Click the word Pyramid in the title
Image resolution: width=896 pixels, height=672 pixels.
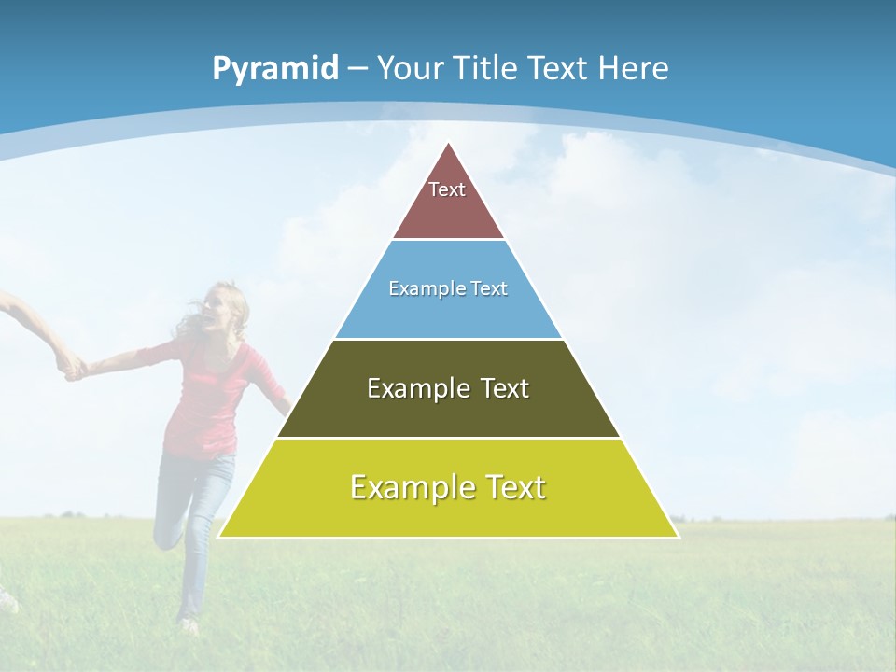point(274,69)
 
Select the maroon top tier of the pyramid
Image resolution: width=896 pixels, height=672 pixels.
point(448,210)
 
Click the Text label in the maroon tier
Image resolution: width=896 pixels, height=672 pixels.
point(447,189)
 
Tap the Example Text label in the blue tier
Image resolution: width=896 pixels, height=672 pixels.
point(448,288)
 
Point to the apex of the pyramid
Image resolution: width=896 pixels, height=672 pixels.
point(449,144)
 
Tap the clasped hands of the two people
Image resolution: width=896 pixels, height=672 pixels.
point(71,367)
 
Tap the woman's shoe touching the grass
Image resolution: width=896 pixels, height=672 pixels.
point(189,625)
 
